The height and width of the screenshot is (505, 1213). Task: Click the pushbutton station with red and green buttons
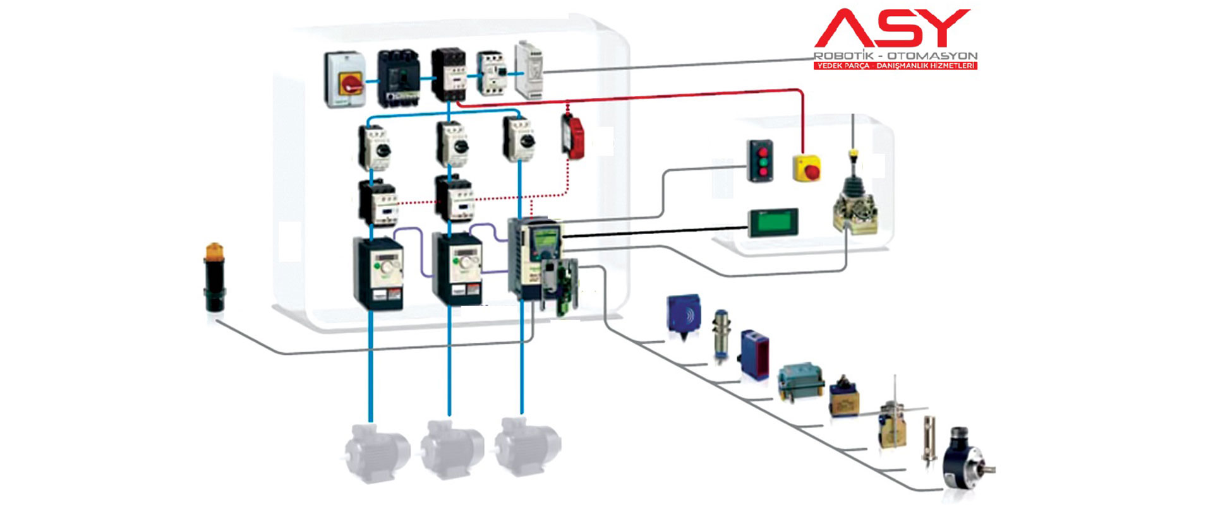click(760, 161)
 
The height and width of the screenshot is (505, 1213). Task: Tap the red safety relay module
click(573, 136)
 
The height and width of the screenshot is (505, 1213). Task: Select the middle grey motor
click(452, 448)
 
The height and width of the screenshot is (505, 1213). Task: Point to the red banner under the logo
click(895, 66)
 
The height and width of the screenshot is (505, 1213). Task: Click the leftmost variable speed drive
click(378, 273)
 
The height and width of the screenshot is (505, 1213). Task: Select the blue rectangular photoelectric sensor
click(754, 355)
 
